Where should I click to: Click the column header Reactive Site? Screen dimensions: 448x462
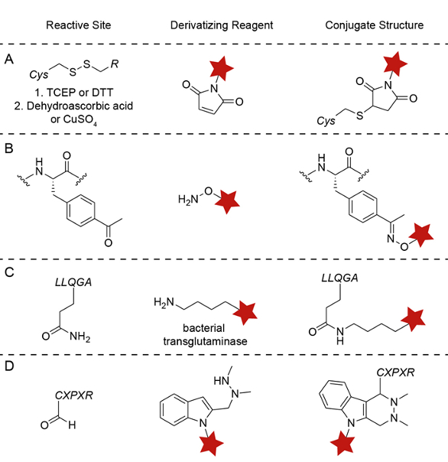click(78, 25)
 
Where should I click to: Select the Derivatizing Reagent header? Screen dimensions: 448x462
click(222, 25)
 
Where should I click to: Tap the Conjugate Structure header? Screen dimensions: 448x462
click(375, 25)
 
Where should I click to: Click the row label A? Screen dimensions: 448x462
click(9, 59)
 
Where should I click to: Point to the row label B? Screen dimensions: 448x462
click(9, 148)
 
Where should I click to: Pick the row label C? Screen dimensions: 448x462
click(9, 272)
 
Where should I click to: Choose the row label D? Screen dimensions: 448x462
click(9, 366)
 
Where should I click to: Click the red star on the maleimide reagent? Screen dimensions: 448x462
click(222, 68)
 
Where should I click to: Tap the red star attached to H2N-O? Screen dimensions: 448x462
click(227, 201)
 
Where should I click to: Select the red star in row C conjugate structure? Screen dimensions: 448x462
click(413, 319)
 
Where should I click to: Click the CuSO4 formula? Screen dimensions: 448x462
click(80, 119)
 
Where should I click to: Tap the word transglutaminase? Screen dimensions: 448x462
click(206, 341)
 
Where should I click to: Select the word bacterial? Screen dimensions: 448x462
click(204, 328)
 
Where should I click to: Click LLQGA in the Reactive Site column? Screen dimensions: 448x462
click(73, 282)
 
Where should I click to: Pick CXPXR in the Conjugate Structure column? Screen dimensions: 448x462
click(395, 373)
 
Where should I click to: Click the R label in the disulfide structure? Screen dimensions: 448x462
click(115, 63)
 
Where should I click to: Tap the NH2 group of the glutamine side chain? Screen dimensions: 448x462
click(80, 337)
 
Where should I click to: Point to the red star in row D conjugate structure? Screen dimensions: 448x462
click(342, 443)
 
